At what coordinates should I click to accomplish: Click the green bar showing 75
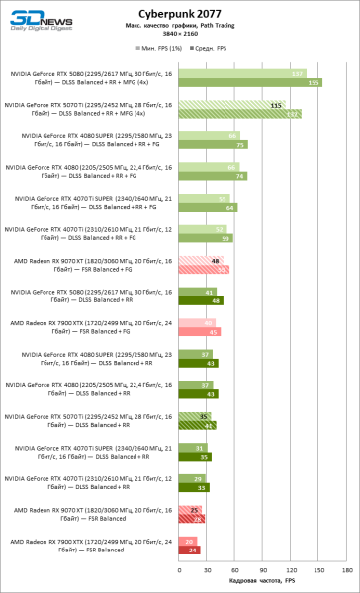click(213, 145)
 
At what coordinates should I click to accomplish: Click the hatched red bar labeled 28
click(192, 519)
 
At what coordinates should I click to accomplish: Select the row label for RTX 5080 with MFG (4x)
click(89, 79)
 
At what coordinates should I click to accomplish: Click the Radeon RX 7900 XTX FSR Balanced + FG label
click(89, 328)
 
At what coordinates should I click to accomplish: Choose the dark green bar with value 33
click(194, 488)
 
